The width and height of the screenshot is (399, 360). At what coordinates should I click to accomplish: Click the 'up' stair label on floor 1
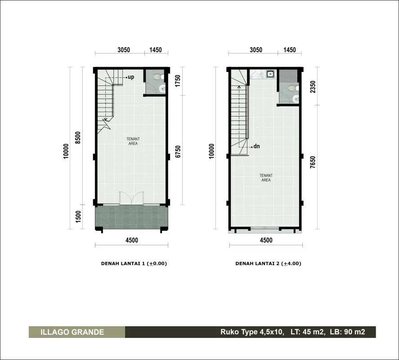tap(131, 77)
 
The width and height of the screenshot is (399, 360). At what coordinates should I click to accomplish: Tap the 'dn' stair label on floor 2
tap(256, 146)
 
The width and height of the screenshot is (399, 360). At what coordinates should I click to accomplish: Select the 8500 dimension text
tap(78, 138)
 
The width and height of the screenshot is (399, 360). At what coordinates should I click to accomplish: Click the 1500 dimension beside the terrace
tap(78, 216)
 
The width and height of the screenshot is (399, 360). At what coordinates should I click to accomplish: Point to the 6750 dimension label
tap(178, 152)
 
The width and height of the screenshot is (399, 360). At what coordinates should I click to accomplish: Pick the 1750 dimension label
tap(178, 81)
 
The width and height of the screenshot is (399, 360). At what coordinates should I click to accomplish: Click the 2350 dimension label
tap(313, 87)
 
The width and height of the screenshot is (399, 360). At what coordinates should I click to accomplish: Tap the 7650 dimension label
tap(313, 162)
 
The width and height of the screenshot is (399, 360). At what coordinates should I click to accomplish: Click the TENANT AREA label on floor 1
tap(133, 141)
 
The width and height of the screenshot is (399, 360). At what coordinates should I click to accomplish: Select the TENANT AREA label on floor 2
tap(266, 178)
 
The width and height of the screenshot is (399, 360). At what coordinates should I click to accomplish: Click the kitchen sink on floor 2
tap(270, 74)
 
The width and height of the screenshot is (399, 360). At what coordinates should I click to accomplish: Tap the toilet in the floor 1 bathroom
tap(158, 76)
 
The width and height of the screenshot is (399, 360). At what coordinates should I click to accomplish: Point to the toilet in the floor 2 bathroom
tap(293, 88)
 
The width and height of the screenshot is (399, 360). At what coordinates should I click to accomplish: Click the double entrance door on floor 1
tap(131, 198)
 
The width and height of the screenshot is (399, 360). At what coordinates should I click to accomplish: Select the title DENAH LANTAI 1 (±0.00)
tap(134, 264)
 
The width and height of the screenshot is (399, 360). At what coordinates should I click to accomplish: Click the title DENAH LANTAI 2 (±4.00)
tap(268, 264)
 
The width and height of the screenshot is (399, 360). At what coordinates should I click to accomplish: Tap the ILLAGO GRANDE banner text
tap(72, 332)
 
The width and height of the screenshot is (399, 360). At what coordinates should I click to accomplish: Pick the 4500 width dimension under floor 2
tap(266, 240)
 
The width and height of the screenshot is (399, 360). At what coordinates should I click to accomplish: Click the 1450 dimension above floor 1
tap(156, 49)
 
